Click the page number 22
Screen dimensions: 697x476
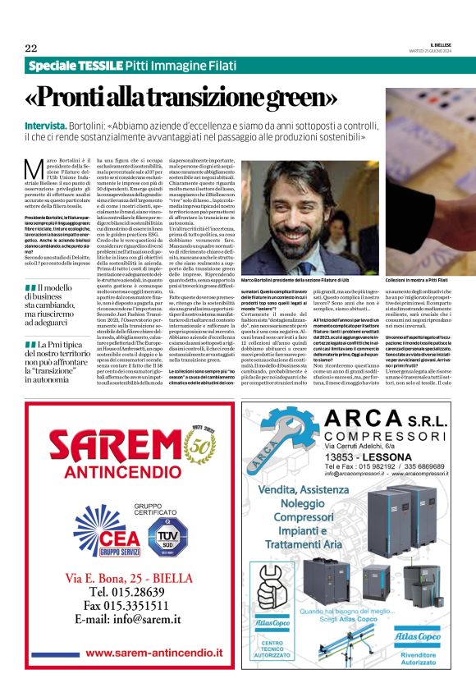pyautogui.click(x=31, y=47)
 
